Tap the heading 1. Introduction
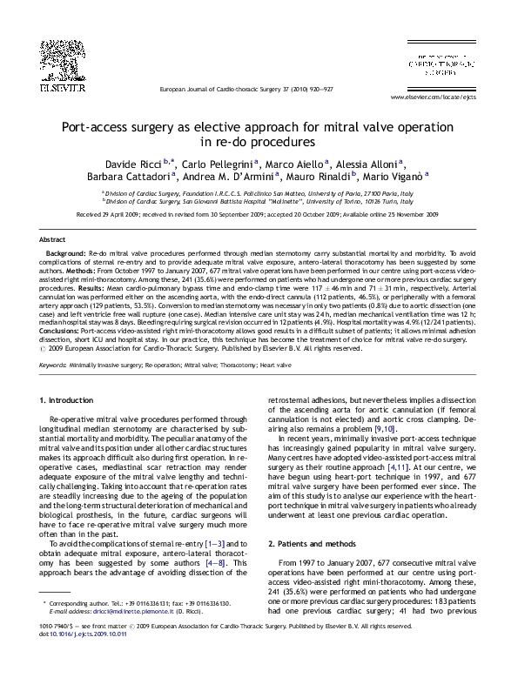pos(68,400)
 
